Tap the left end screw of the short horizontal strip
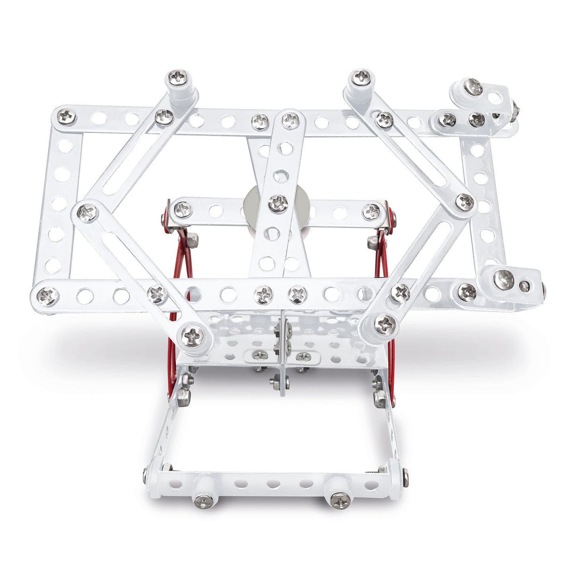point(183,208)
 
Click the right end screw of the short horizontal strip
point(372,210)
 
